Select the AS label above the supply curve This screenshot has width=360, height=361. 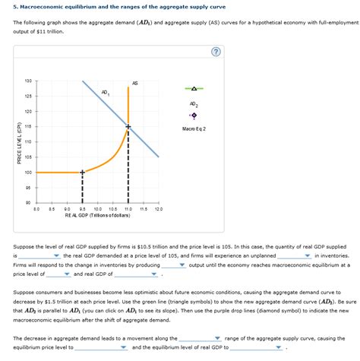(x=134, y=82)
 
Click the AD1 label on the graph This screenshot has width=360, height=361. (x=105, y=93)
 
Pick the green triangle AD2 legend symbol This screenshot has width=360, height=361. (x=194, y=88)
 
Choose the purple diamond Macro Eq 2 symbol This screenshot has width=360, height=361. (x=194, y=116)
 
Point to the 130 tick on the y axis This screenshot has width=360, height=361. (x=27, y=81)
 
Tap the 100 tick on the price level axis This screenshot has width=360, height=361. (x=27, y=173)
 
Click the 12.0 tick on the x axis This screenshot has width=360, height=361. (x=158, y=208)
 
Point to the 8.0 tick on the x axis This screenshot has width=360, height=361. (x=36, y=208)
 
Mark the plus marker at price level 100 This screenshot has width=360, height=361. (x=83, y=173)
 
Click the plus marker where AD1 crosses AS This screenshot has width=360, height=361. (x=128, y=126)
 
